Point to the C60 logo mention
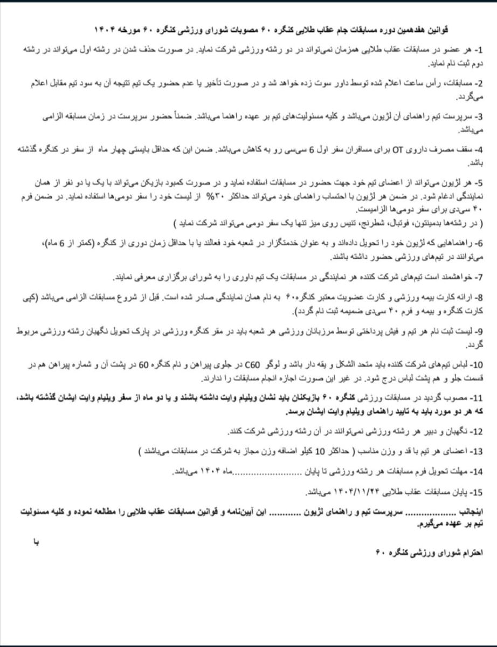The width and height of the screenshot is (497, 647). (270, 365)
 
